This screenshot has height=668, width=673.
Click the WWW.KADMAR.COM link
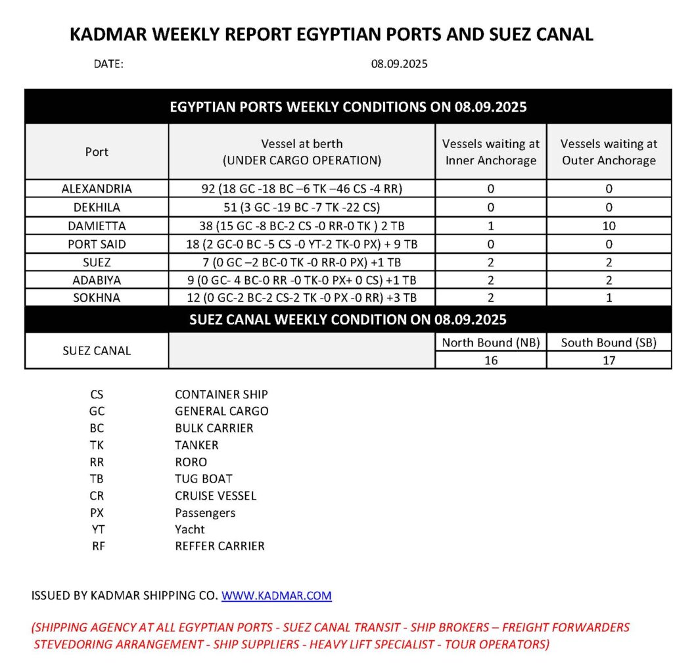click(276, 596)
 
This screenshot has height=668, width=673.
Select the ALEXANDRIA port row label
click(97, 189)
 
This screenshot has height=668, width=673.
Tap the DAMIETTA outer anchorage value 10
click(609, 226)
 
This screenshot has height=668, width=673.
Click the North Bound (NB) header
click(490, 343)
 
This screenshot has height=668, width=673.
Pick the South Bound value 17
click(609, 360)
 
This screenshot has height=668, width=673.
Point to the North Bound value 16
click(490, 360)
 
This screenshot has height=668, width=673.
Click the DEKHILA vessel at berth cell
click(302, 207)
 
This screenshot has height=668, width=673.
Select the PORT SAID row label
click(97, 244)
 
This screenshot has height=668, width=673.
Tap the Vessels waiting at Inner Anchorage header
click(490, 152)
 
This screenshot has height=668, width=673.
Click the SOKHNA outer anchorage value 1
click(609, 298)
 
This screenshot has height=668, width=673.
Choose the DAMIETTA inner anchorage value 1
click(490, 226)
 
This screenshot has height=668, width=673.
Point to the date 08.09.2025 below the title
click(400, 64)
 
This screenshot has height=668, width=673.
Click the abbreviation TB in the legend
click(97, 479)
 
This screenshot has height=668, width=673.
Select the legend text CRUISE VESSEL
click(216, 496)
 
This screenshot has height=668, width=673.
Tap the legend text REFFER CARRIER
click(220, 546)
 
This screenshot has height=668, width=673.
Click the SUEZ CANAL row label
click(97, 351)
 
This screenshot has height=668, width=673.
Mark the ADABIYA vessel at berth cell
click(302, 280)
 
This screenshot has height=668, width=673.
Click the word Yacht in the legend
click(190, 529)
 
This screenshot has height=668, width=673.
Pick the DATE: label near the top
click(108, 64)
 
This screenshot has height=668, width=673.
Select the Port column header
click(97, 152)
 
